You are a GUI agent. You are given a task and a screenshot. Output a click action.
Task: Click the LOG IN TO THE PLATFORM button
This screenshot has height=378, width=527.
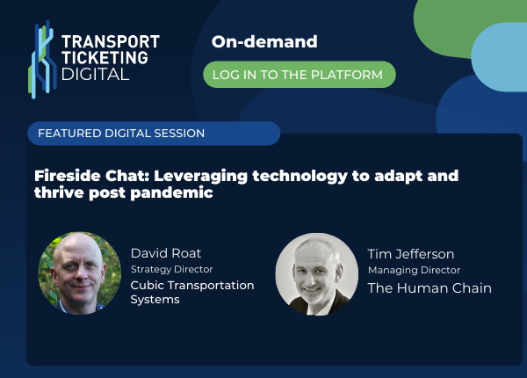[x=300, y=75]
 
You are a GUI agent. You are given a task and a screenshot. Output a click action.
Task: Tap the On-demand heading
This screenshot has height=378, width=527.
[x=264, y=42]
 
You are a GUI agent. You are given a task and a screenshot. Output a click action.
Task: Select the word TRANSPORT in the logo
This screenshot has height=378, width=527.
[x=111, y=41]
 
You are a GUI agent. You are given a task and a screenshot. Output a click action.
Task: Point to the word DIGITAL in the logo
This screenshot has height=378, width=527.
[x=95, y=75]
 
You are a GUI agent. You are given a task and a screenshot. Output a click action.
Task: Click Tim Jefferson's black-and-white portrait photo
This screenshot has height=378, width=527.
[x=316, y=273]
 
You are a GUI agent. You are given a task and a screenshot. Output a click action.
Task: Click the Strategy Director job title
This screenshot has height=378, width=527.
[x=172, y=269]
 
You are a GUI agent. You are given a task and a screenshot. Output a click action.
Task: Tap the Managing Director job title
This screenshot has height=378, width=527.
[x=414, y=270]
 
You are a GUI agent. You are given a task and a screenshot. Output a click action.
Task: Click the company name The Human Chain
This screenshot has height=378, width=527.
[x=429, y=287]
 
